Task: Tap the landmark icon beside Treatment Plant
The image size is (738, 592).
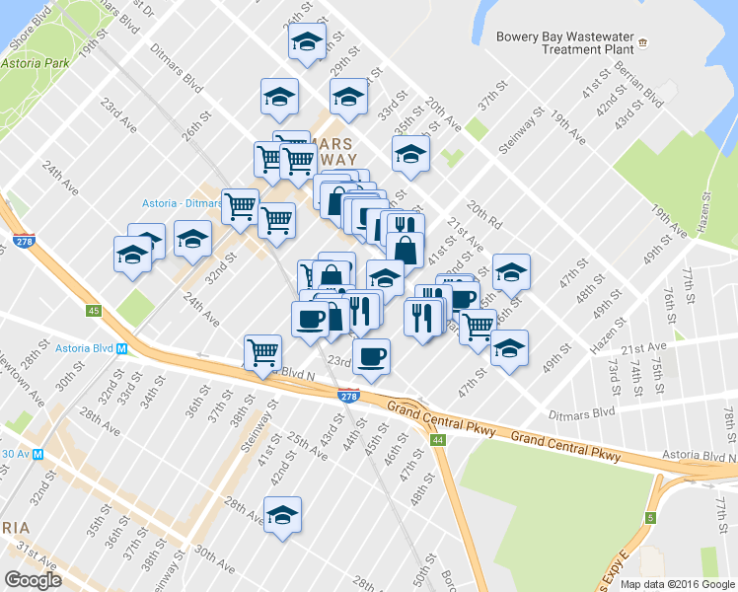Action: click(x=643, y=43)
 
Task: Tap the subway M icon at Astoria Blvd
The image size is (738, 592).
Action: click(x=122, y=348)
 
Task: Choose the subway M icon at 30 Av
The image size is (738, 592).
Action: click(x=37, y=454)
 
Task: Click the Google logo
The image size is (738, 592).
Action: click(x=34, y=580)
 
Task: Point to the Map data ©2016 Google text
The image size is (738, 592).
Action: click(x=676, y=584)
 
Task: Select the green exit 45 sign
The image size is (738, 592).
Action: click(x=94, y=312)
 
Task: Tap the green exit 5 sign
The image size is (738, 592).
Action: click(x=651, y=517)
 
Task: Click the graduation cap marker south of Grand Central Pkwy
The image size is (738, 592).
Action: click(x=282, y=515)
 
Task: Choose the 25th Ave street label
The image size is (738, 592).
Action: click(x=307, y=444)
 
